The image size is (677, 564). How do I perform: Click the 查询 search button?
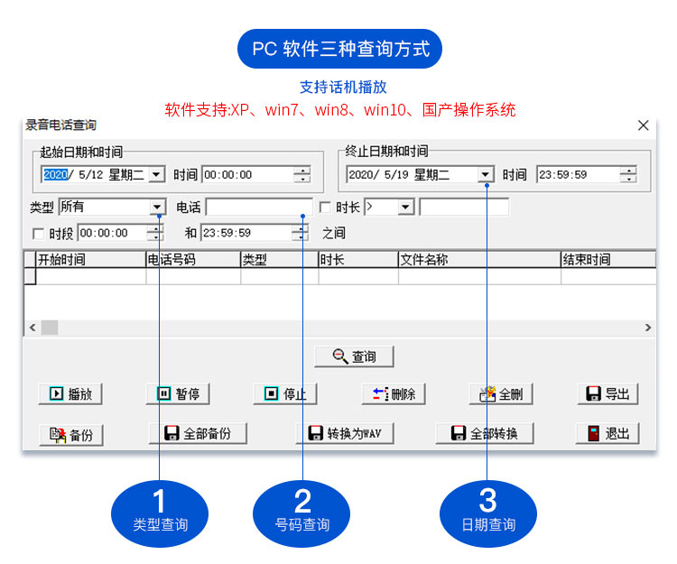(355, 356)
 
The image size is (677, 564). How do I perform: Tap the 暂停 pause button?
(178, 393)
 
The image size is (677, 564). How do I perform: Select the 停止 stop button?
(285, 393)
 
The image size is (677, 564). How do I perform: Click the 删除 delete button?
(394, 393)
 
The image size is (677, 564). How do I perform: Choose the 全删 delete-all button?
(501, 393)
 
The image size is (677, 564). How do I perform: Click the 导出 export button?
(607, 393)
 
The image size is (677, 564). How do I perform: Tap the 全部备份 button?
(197, 433)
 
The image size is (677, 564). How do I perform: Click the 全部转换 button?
(485, 433)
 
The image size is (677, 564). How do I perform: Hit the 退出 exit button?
(607, 433)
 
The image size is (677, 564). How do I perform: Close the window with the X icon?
(644, 125)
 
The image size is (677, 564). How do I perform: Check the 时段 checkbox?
(38, 234)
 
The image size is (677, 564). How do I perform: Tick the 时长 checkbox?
(326, 208)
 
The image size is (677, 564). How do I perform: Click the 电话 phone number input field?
(259, 208)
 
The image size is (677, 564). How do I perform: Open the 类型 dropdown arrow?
(157, 208)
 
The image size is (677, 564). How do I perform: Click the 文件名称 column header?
(478, 260)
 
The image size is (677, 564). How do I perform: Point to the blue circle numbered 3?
(487, 510)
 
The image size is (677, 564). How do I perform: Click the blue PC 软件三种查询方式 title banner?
(339, 49)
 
